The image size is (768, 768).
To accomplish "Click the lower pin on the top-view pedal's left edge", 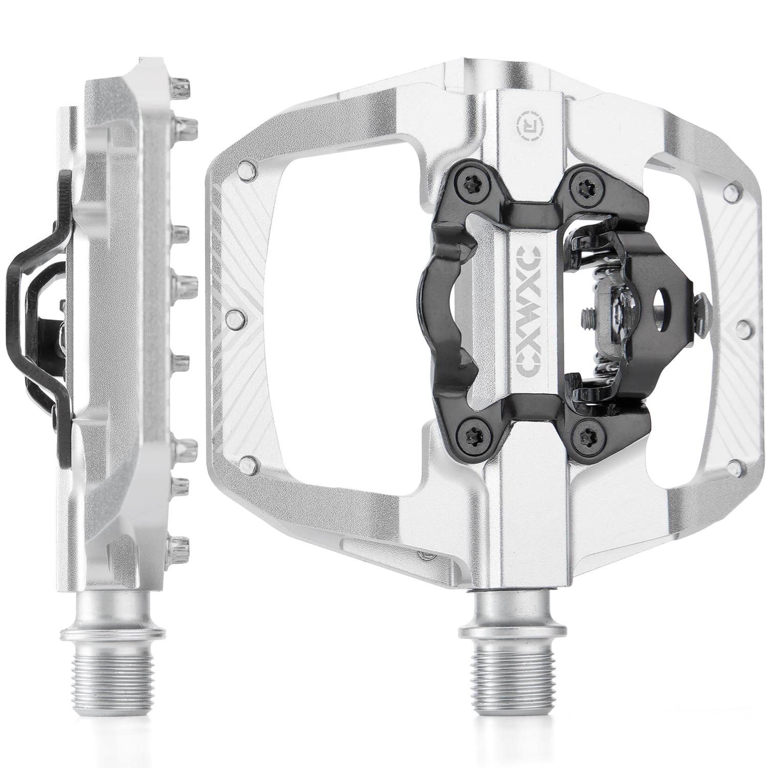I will [248, 465].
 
